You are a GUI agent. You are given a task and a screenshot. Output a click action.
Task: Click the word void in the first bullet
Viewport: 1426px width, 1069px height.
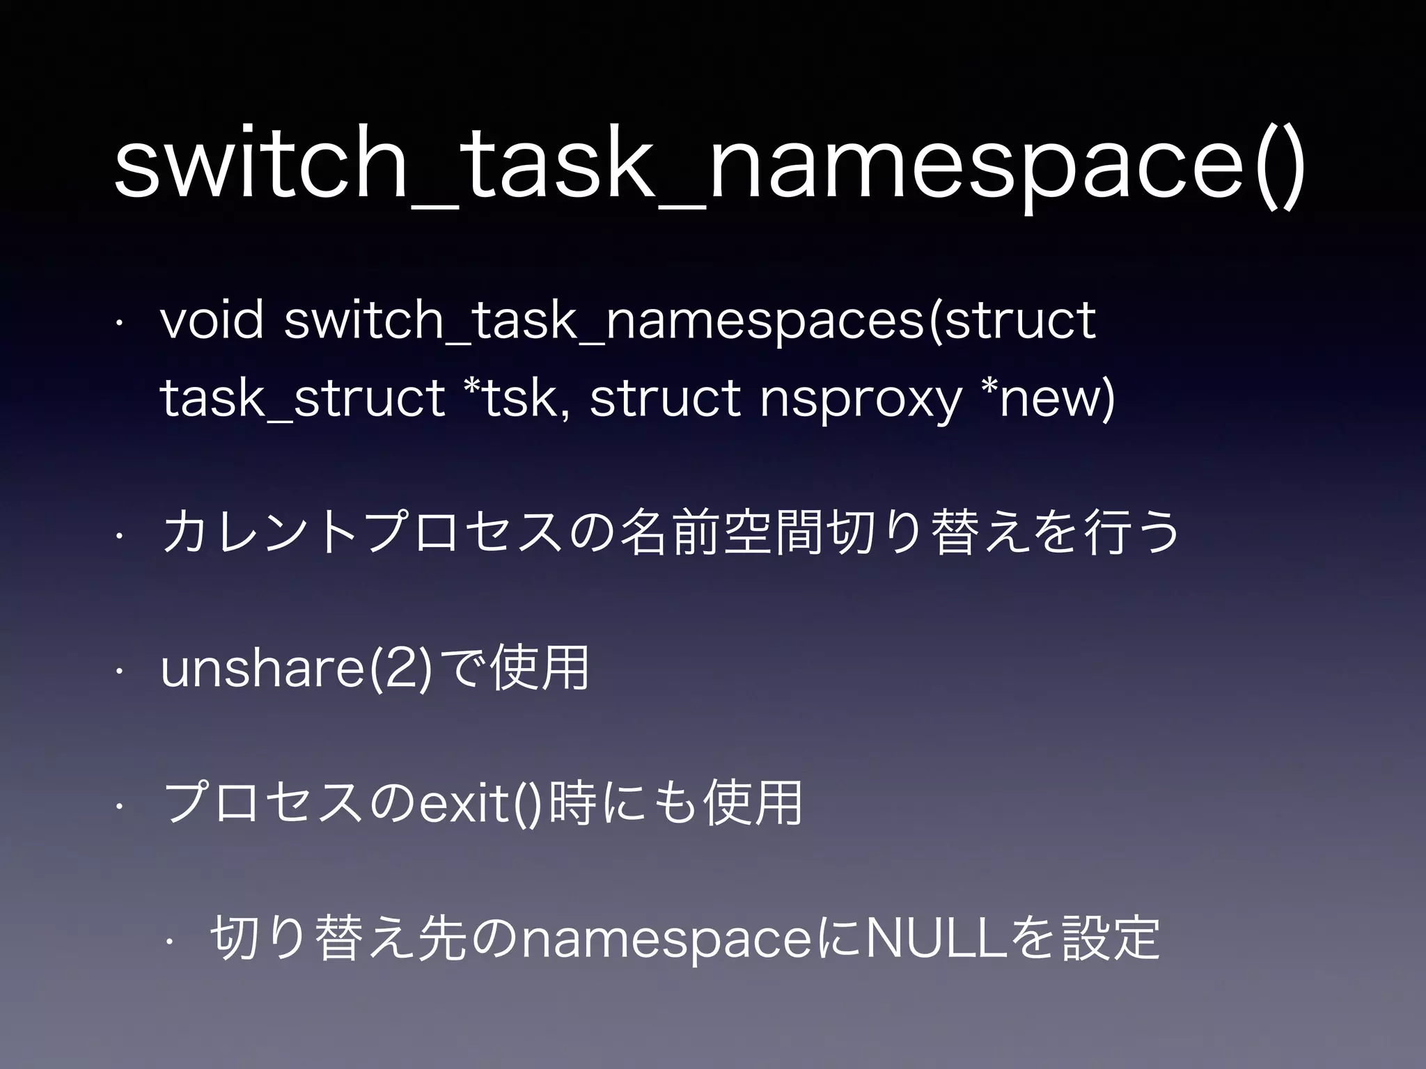[x=212, y=321]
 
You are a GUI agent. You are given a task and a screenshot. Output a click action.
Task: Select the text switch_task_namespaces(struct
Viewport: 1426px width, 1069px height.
[x=690, y=322]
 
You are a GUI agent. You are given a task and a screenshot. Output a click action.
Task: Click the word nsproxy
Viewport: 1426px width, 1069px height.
[x=859, y=402]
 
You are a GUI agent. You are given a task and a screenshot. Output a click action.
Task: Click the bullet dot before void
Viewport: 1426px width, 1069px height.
[x=120, y=322]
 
